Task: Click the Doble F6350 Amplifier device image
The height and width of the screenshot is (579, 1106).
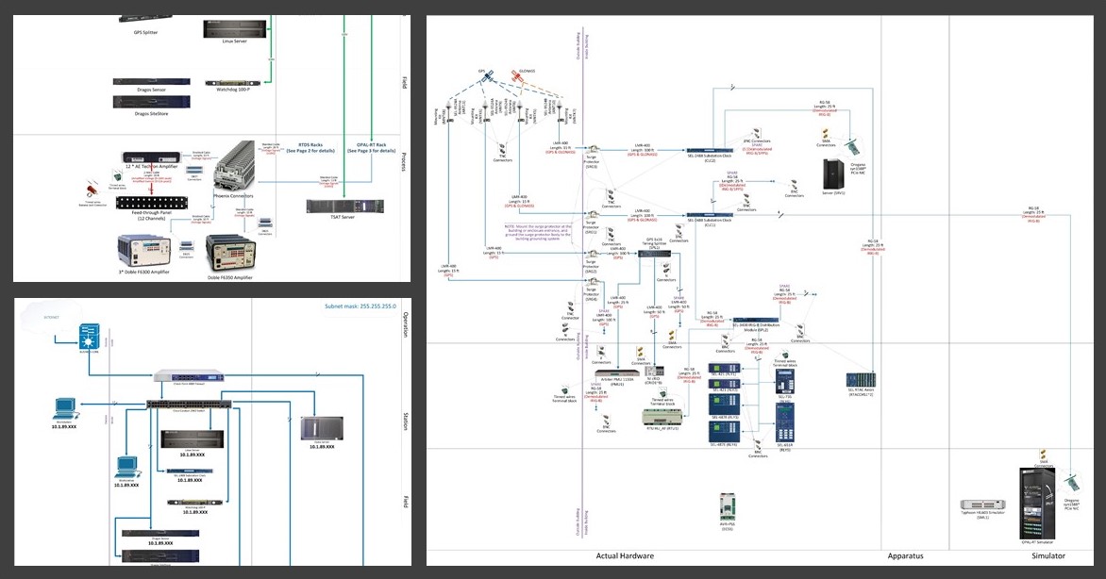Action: pos(233,252)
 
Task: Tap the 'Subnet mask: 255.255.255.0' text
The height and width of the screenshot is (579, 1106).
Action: pos(362,306)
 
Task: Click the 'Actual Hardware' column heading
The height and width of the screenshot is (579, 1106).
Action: pos(626,556)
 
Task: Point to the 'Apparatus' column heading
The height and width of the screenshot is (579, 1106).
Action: pos(905,556)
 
